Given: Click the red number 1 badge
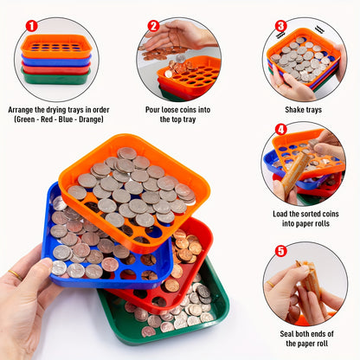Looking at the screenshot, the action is pyautogui.click(x=32, y=26).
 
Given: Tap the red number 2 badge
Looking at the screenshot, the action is pyautogui.click(x=154, y=26).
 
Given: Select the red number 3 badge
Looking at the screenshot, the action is pyautogui.click(x=280, y=26).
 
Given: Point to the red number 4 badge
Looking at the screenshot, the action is pyautogui.click(x=281, y=130).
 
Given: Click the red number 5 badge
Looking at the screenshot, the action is pyautogui.click(x=280, y=251).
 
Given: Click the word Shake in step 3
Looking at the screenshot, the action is pyautogui.click(x=293, y=110).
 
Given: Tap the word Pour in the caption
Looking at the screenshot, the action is pyautogui.click(x=152, y=110).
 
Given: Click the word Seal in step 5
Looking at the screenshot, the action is pyautogui.click(x=286, y=334).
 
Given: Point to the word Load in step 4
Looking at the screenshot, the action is pyautogui.click(x=280, y=214).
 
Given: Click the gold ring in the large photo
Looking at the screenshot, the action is pyautogui.click(x=16, y=274).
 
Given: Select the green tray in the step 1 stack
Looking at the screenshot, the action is pyautogui.click(x=56, y=77).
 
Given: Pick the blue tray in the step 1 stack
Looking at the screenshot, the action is pyautogui.click(x=56, y=61).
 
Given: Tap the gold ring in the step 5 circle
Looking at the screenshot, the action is pyautogui.click(x=270, y=284).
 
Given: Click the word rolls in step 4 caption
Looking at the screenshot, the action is pyautogui.click(x=321, y=223).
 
